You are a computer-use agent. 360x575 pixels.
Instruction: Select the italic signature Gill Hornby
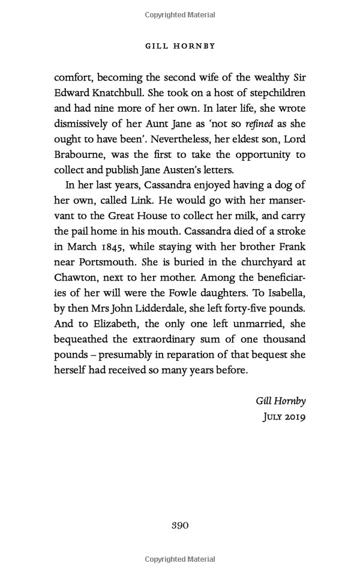281,401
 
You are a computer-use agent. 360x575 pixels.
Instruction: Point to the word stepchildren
273,92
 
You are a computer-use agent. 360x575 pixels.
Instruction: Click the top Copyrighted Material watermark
180,13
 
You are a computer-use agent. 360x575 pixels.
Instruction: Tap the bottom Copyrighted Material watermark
180,560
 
